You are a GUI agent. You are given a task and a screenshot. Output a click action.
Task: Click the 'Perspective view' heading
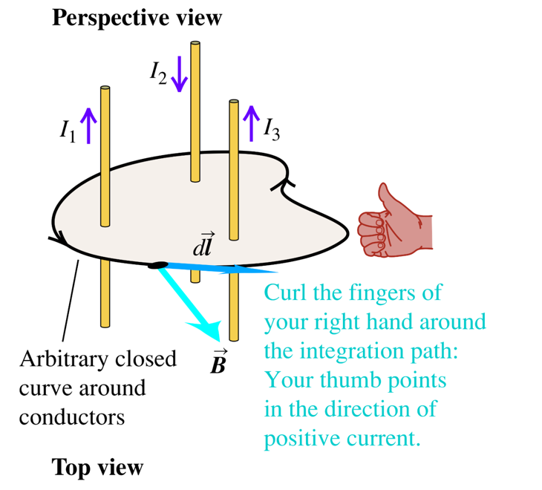[x=137, y=18]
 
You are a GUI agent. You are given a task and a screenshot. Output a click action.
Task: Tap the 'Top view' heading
[x=97, y=468]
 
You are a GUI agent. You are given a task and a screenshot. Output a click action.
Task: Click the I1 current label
[x=68, y=131]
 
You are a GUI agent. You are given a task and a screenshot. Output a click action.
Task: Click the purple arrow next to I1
[x=88, y=125]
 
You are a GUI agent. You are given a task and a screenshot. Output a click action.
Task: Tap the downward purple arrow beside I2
[x=179, y=74]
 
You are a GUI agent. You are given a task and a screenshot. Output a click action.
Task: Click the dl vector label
[x=203, y=246]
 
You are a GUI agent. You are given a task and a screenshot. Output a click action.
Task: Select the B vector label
[x=219, y=362]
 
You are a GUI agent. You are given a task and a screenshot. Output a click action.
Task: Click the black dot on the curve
[x=157, y=265]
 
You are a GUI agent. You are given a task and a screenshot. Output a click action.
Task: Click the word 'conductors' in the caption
[x=72, y=417]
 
